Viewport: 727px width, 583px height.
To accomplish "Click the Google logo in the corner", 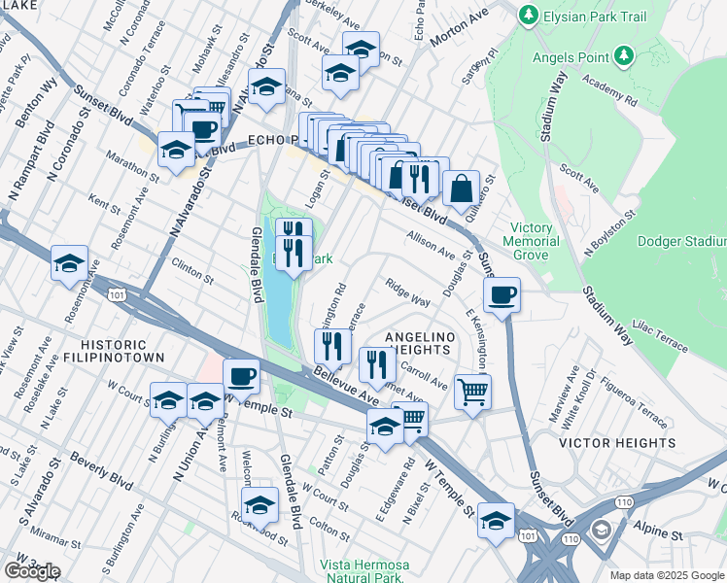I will point(31,571).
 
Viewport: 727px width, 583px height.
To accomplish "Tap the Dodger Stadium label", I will point(682,241).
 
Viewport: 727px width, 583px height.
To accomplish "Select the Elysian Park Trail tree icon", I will point(528,15).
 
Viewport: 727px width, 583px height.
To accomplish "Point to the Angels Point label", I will point(574,57).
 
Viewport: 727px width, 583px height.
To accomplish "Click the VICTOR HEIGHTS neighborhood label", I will point(617,443).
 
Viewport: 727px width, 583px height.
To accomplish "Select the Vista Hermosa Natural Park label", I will point(365,570).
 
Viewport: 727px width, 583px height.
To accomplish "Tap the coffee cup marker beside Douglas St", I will point(502,295).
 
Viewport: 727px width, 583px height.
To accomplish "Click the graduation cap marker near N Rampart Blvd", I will point(69,262).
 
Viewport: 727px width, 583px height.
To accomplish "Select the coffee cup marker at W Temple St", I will point(241,376).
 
